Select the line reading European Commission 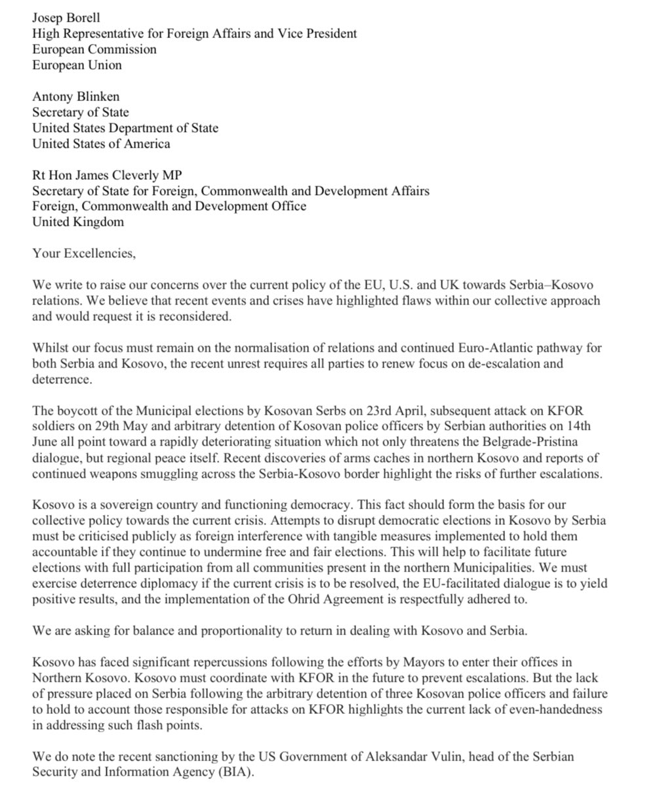(94, 49)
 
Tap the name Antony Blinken (76, 96)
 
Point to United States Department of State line (125, 128)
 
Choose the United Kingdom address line (78, 222)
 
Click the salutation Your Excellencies (84, 254)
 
